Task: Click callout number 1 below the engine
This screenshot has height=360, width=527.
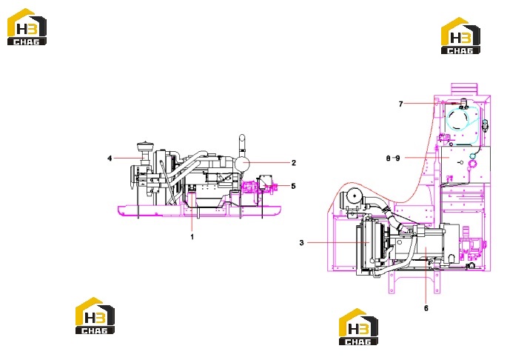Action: click(192, 237)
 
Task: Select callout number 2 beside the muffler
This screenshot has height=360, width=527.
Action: click(294, 163)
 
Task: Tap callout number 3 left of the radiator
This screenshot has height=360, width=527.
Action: click(301, 242)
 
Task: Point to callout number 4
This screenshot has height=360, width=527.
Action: click(110, 158)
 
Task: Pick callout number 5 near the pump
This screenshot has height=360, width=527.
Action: click(293, 186)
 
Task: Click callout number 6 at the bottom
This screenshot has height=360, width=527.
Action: click(426, 308)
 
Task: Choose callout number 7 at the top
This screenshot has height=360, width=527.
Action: click(400, 104)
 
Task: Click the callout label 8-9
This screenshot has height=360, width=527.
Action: click(393, 158)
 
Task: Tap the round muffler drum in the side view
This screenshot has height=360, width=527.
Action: click(242, 164)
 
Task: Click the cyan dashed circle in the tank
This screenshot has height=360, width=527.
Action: click(457, 119)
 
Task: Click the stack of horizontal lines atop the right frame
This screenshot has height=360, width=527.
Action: click(464, 90)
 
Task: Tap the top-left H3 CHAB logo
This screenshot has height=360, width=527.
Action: click(27, 27)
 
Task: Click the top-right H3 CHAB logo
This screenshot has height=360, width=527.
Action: click(461, 36)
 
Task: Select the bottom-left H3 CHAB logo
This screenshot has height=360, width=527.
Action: click(95, 316)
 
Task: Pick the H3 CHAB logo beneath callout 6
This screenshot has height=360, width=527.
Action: click(359, 327)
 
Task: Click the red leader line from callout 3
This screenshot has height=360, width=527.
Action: click(338, 242)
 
